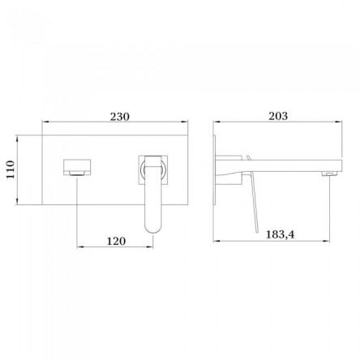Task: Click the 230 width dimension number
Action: pyautogui.click(x=120, y=117)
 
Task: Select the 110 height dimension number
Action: pyautogui.click(x=11, y=169)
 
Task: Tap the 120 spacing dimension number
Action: pyautogui.click(x=116, y=241)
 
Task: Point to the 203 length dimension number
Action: pyautogui.click(x=278, y=116)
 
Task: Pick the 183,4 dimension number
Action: pyautogui.click(x=280, y=234)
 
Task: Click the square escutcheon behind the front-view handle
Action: pyautogui.click(x=153, y=170)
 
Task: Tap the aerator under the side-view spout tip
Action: pyautogui.click(x=329, y=173)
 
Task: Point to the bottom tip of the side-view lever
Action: pyautogui.click(x=256, y=231)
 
